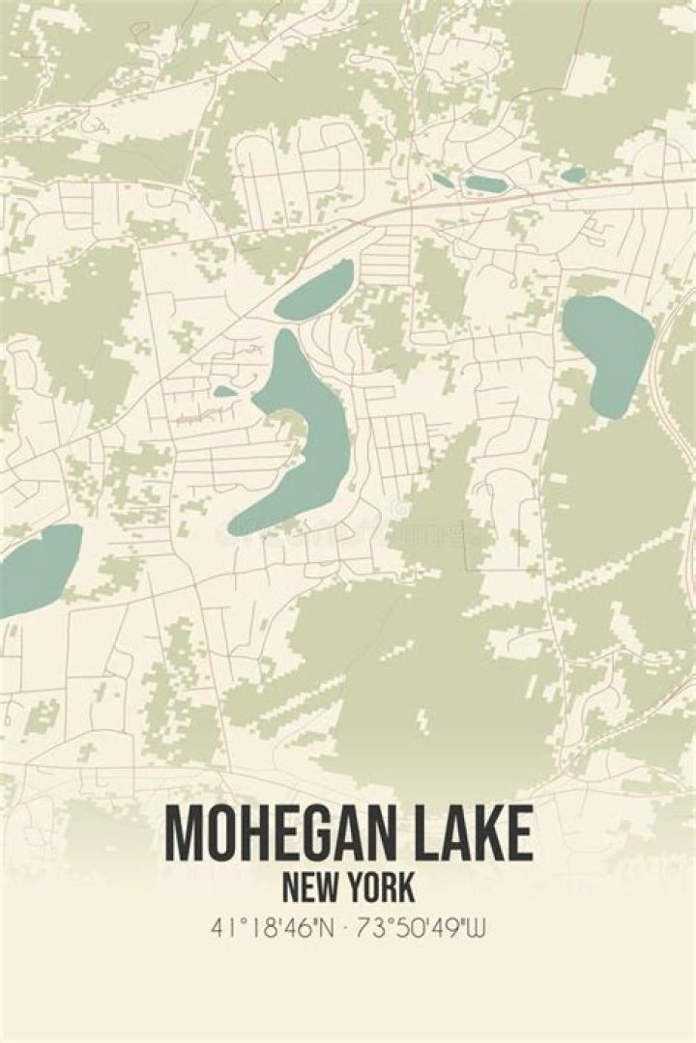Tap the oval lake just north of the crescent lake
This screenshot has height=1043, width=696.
pyautogui.click(x=315, y=291)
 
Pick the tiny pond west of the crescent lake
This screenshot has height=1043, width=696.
pyautogui.click(x=224, y=391)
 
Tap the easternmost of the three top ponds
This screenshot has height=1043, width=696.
pyautogui.click(x=573, y=175)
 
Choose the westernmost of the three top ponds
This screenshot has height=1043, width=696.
pyautogui.click(x=442, y=180)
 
